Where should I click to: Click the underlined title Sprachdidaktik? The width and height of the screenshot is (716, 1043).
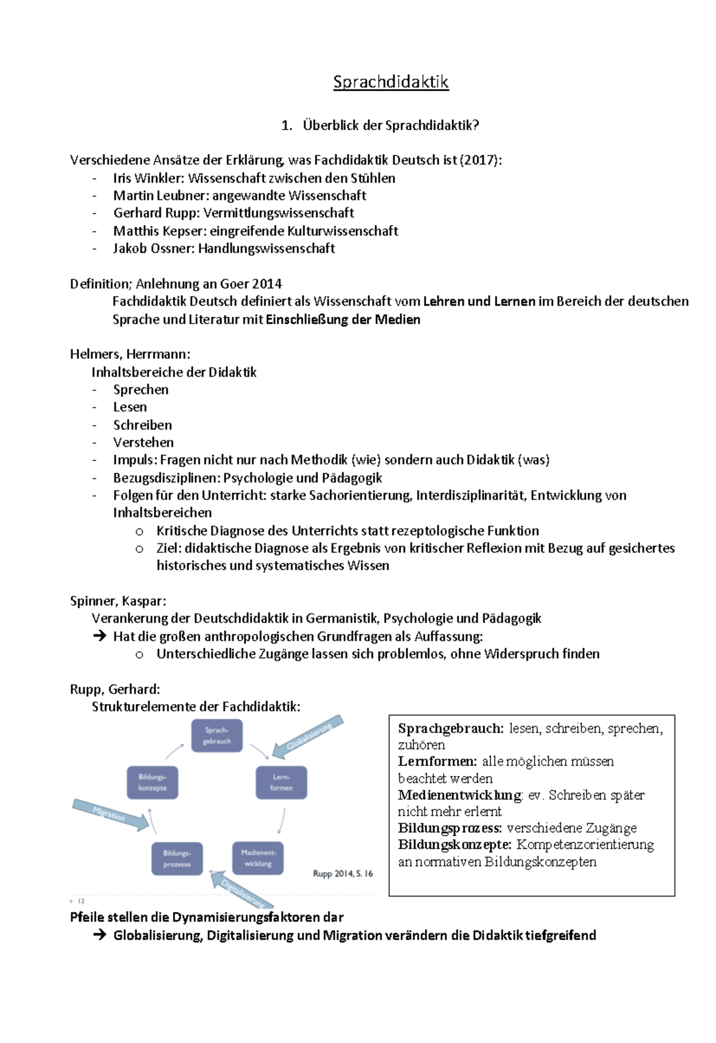pyautogui.click(x=391, y=82)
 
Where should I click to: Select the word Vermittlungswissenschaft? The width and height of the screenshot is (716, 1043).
pyautogui.click(x=279, y=213)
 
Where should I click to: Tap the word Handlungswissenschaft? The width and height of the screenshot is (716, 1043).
pyautogui.click(x=266, y=248)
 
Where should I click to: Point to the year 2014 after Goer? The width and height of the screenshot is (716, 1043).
pyautogui.click(x=267, y=284)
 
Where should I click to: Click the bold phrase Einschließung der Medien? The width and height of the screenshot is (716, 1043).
pyautogui.click(x=342, y=319)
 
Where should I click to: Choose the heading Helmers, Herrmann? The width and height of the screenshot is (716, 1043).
pyautogui.click(x=130, y=354)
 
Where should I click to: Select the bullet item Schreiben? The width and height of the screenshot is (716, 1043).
pyautogui.click(x=143, y=425)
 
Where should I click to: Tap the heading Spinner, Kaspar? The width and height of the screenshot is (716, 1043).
pyautogui.click(x=118, y=601)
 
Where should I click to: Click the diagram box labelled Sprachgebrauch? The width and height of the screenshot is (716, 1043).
pyautogui.click(x=217, y=736)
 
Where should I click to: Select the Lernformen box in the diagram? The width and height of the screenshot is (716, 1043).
pyautogui.click(x=281, y=782)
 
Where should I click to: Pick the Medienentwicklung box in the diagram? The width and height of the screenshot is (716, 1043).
pyautogui.click(x=258, y=858)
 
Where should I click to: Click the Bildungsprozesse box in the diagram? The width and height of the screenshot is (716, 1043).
pyautogui.click(x=177, y=859)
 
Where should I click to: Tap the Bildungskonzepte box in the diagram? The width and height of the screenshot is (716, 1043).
pyautogui.click(x=152, y=782)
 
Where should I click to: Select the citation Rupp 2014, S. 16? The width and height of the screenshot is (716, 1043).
pyautogui.click(x=342, y=873)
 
